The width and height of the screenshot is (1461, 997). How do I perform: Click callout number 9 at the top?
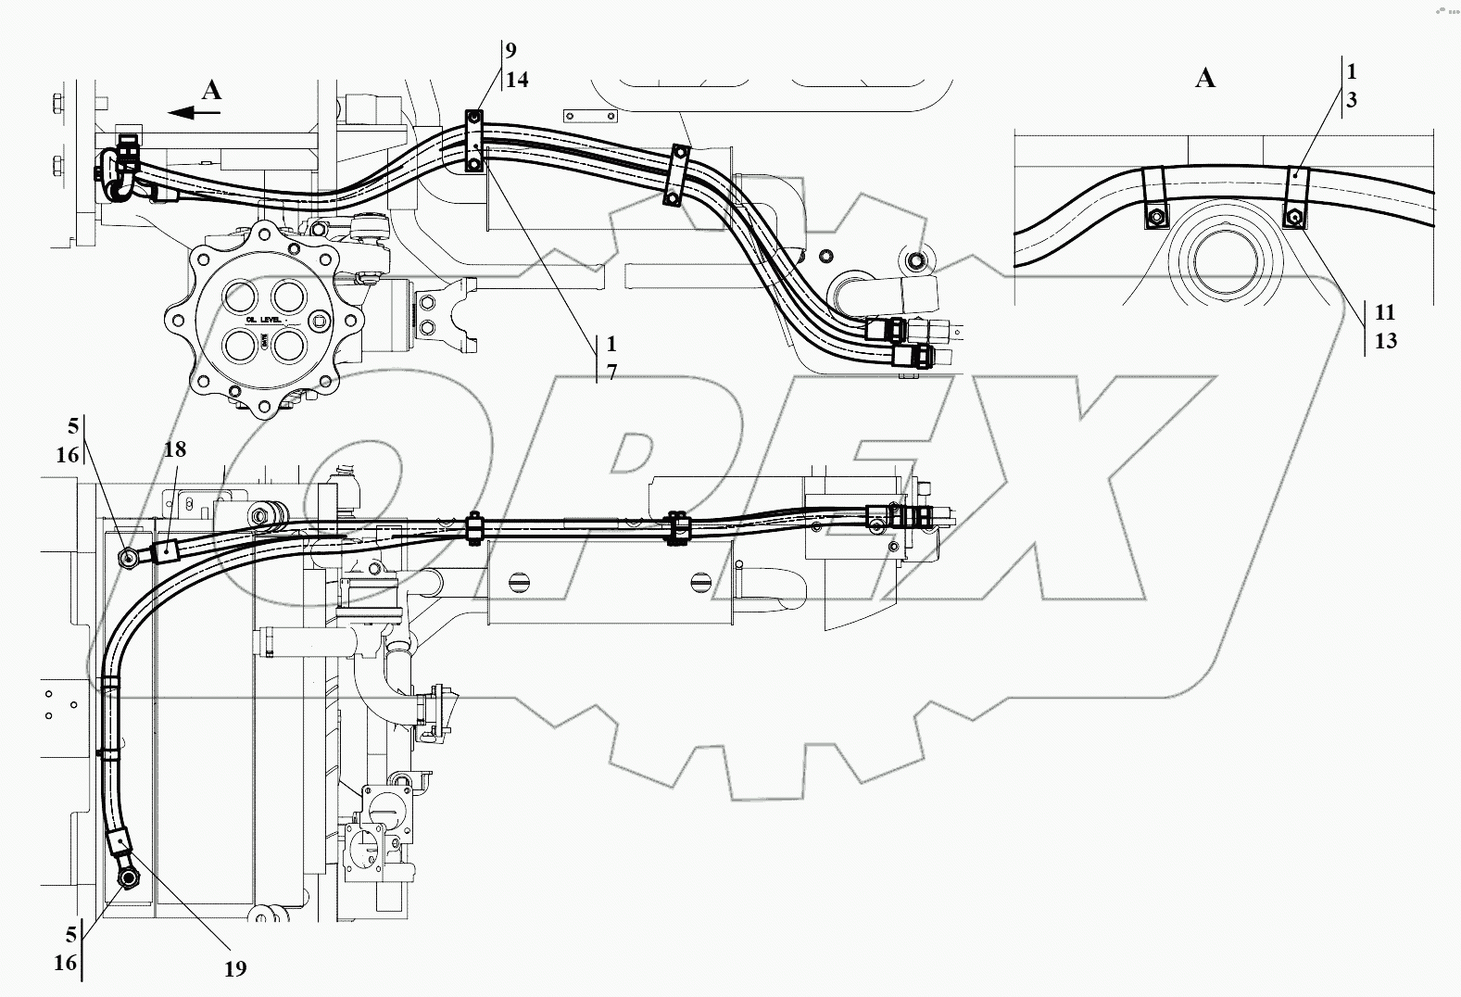tap(511, 51)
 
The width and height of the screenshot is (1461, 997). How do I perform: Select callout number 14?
tap(517, 80)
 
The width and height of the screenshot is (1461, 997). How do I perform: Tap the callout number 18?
tap(175, 450)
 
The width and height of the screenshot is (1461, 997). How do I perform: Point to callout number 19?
tap(235, 969)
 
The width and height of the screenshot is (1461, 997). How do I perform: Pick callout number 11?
tap(1385, 313)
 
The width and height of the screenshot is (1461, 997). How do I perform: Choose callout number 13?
tap(1385, 341)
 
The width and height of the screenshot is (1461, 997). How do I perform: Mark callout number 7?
tap(611, 372)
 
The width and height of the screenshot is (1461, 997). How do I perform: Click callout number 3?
tap(1352, 100)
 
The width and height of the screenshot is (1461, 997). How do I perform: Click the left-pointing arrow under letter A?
tap(195, 112)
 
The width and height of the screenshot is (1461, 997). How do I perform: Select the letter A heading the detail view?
tap(1205, 78)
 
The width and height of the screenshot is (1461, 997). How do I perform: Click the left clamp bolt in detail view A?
tap(1156, 218)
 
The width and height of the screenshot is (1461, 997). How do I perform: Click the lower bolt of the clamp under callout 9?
tap(474, 165)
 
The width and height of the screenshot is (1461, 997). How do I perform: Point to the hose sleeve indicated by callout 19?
tap(119, 842)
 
